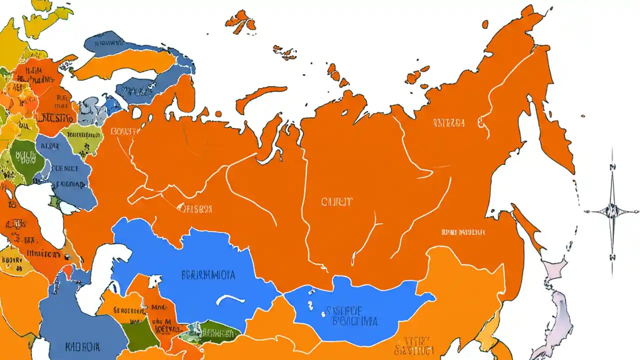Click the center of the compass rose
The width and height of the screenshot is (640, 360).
[x=611, y=210]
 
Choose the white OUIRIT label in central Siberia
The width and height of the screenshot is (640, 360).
[x=336, y=202]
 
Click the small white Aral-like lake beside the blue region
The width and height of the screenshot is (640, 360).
[x=154, y=281]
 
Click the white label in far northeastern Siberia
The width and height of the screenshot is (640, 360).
[x=448, y=122]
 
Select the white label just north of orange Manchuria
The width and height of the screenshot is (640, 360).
[x=463, y=232]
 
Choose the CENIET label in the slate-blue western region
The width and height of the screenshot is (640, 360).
[x=65, y=169]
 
